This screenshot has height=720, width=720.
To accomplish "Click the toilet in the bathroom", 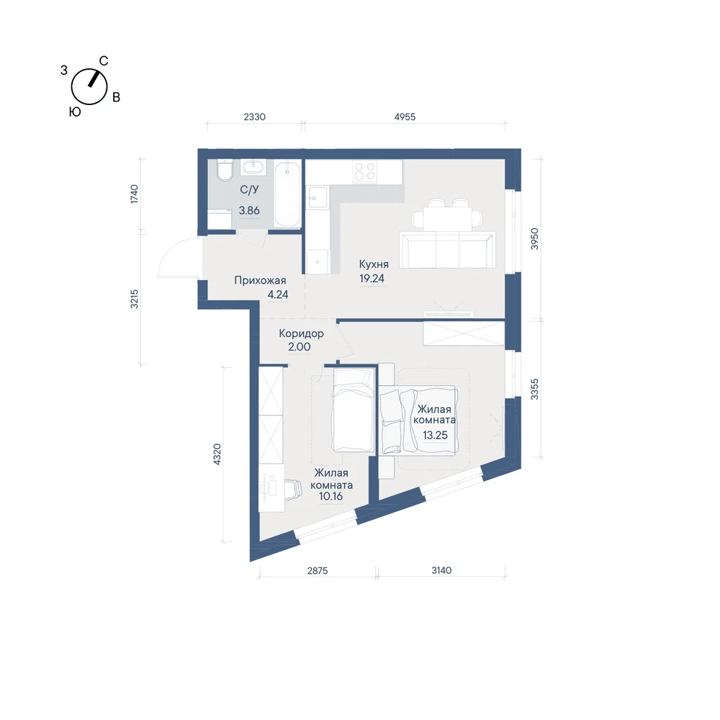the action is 225,170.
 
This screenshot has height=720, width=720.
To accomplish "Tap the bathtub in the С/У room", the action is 287,193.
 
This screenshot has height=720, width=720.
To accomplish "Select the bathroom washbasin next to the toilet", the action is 252,167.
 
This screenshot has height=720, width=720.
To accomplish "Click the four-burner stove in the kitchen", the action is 365,171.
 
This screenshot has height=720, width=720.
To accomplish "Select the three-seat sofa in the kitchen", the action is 447,250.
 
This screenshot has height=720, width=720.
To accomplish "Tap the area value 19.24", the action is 372,278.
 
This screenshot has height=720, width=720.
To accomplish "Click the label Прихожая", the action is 260,281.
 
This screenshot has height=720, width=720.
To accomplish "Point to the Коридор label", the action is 301,334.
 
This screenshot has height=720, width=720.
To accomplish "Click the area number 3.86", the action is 249,211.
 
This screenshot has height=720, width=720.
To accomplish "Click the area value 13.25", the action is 435,436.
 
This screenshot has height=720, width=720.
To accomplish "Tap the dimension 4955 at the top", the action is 405,117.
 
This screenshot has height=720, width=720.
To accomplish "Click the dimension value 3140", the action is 441,570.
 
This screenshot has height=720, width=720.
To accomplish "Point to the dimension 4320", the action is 217,454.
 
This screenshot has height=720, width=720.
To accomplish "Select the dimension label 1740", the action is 134,194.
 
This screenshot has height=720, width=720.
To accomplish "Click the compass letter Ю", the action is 75,112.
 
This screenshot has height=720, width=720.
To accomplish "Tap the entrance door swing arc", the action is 164,255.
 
